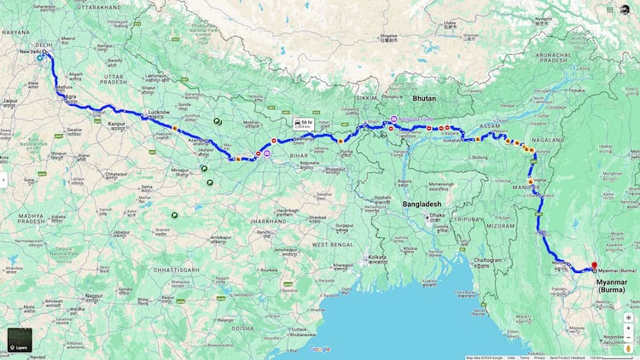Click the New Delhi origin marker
pyautogui.click(x=40, y=58)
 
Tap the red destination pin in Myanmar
pyautogui.click(x=594, y=265)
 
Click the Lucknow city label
pyautogui.click(x=160, y=112)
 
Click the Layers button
pyautogui.click(x=20, y=340)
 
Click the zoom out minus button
pyautogui.click(x=628, y=329)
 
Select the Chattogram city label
pyautogui.click(x=487, y=259)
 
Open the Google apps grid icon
pyautogui.click(x=610, y=9)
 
